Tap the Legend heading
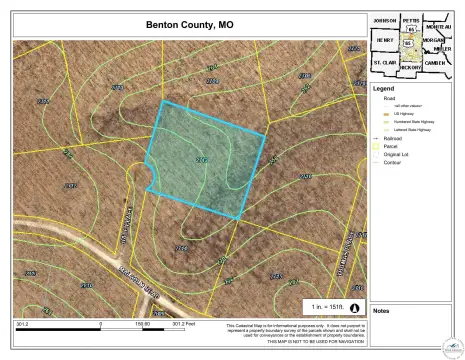click(x=384, y=89)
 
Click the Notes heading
click(x=381, y=310)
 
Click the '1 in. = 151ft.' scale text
click(x=326, y=304)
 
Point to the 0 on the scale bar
click(x=102, y=324)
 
